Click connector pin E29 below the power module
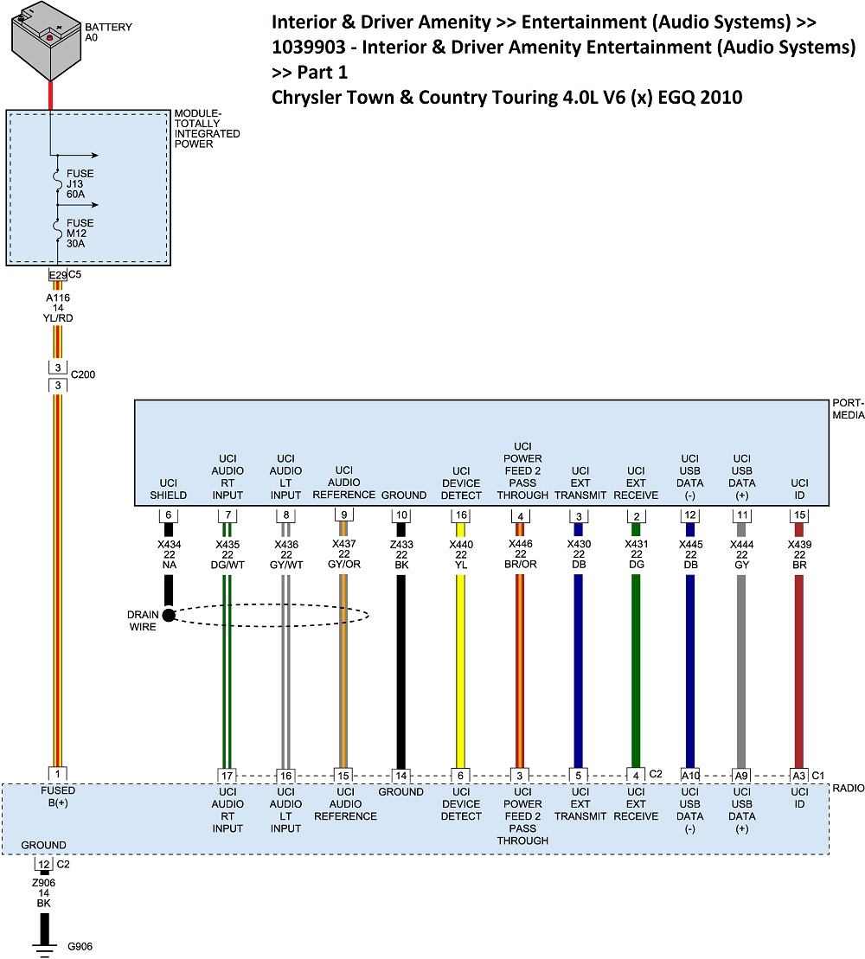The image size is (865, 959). point(57,275)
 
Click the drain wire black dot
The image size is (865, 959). point(169,616)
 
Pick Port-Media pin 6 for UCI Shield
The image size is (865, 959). point(169,515)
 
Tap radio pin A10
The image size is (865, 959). point(689,775)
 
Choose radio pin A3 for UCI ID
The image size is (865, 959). point(798,775)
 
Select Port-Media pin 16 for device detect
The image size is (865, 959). point(461,515)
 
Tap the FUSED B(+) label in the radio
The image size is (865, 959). point(58,796)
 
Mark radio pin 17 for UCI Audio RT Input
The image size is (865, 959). point(227,775)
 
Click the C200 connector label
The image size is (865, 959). point(83,375)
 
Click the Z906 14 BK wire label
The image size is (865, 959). point(44,892)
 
